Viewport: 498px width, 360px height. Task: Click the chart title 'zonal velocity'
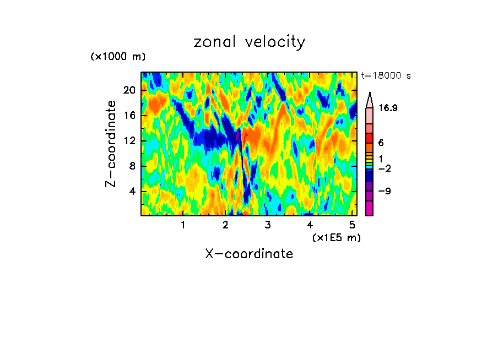(249, 42)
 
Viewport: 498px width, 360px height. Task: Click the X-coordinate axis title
(249, 254)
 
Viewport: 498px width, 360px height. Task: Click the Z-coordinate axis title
(111, 144)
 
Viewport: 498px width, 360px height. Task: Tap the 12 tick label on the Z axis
(129, 140)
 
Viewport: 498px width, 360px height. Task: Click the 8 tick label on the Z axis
(132, 166)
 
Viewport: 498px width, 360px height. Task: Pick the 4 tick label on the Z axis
(132, 192)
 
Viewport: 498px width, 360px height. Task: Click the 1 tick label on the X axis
(183, 225)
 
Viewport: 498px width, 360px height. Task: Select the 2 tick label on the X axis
(225, 225)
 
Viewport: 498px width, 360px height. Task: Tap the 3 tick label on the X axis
(268, 225)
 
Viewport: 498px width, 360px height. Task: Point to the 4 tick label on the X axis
(310, 225)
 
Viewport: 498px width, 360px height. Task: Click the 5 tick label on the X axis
(352, 225)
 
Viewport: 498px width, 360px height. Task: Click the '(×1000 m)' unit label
(118, 57)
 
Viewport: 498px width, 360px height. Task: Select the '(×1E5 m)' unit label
(337, 237)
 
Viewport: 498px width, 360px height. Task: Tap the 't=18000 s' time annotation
(386, 77)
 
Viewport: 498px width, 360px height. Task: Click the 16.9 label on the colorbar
(388, 108)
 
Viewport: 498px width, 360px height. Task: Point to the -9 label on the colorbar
(385, 192)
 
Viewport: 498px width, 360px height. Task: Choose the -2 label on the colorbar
(385, 168)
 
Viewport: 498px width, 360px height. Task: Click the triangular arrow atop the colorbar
(370, 99)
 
